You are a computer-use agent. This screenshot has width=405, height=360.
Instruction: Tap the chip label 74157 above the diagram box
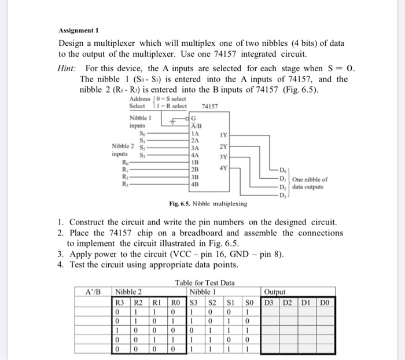click(x=211, y=106)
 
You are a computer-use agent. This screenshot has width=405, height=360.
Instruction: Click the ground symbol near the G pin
click(x=172, y=120)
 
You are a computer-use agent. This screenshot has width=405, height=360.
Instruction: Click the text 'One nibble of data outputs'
click(x=310, y=183)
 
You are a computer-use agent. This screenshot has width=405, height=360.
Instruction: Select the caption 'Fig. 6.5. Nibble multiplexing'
click(x=208, y=204)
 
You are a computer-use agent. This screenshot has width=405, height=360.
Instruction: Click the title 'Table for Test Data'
click(x=203, y=282)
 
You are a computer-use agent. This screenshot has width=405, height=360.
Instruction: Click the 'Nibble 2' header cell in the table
click(x=130, y=291)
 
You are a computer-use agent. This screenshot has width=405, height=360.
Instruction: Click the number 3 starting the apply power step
click(x=61, y=254)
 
